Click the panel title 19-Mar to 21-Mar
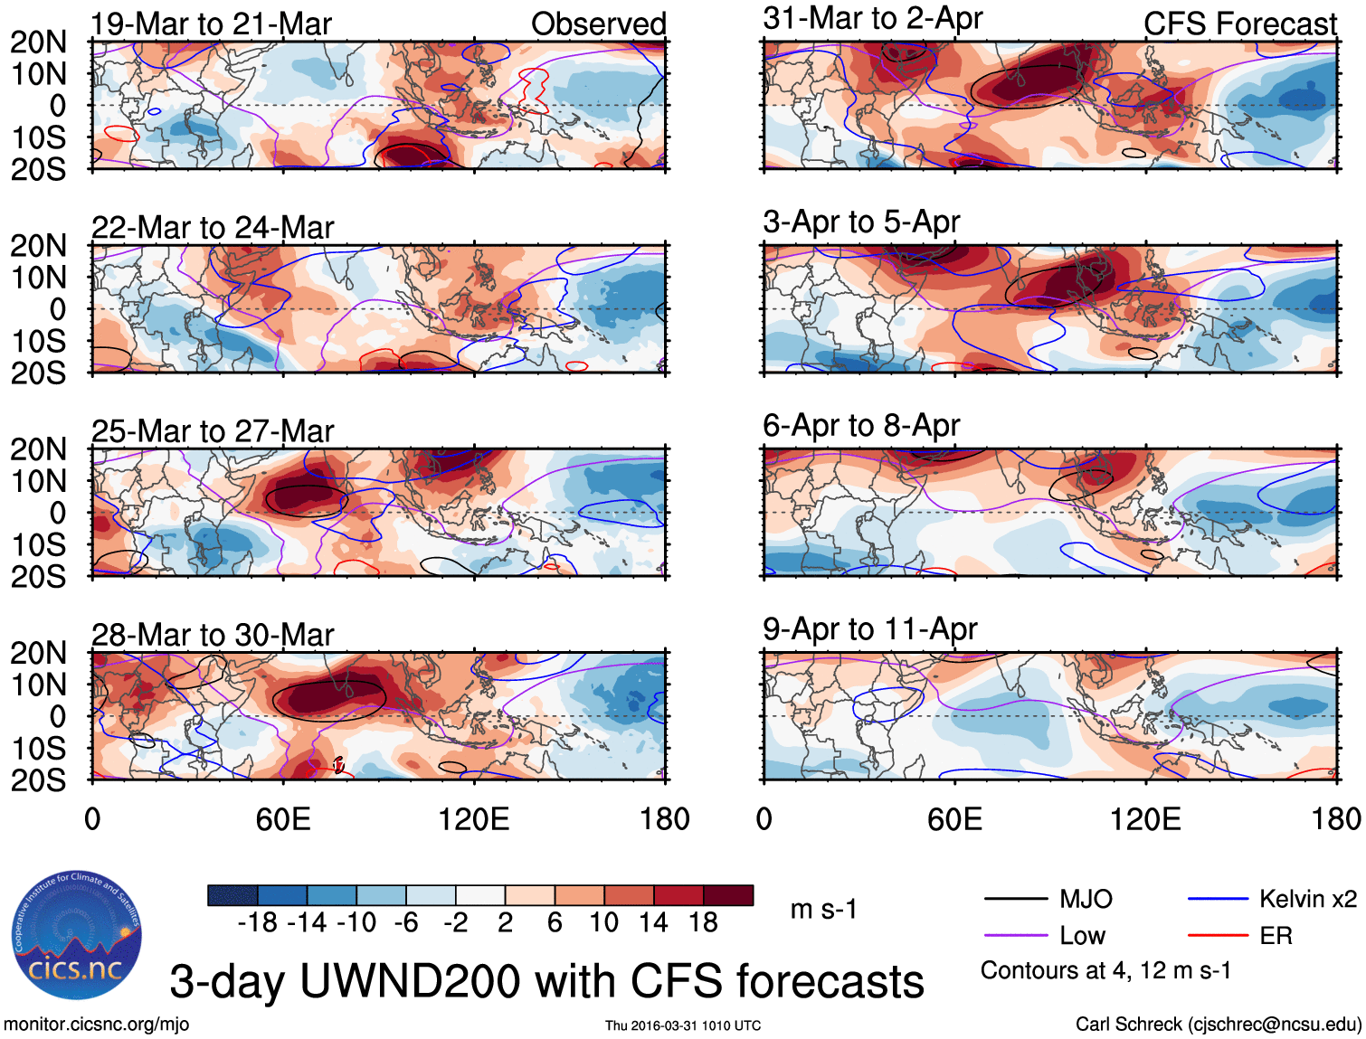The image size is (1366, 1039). [x=212, y=24]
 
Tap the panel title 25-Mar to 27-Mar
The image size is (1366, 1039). [x=213, y=431]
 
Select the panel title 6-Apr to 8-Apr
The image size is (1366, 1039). [x=861, y=425]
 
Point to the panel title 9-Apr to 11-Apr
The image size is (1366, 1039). [x=870, y=628]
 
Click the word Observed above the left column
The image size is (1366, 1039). [x=599, y=24]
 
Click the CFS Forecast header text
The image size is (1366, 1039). [x=1240, y=24]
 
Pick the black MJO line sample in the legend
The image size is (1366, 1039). [x=1015, y=899]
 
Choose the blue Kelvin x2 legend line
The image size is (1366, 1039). [x=1218, y=899]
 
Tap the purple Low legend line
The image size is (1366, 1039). [x=1015, y=936]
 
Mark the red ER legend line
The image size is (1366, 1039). [x=1218, y=936]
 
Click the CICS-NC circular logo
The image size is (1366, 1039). [x=77, y=935]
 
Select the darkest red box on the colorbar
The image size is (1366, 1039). [x=728, y=895]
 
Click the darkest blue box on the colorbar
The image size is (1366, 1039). [x=232, y=895]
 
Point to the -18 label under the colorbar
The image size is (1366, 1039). [x=257, y=922]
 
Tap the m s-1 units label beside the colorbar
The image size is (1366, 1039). [x=823, y=909]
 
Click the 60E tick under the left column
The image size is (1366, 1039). [x=283, y=819]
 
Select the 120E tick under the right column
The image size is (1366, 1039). [x=1145, y=819]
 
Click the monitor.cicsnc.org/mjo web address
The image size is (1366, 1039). [x=97, y=1025]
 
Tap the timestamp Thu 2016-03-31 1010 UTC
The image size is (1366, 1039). [x=683, y=1025]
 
